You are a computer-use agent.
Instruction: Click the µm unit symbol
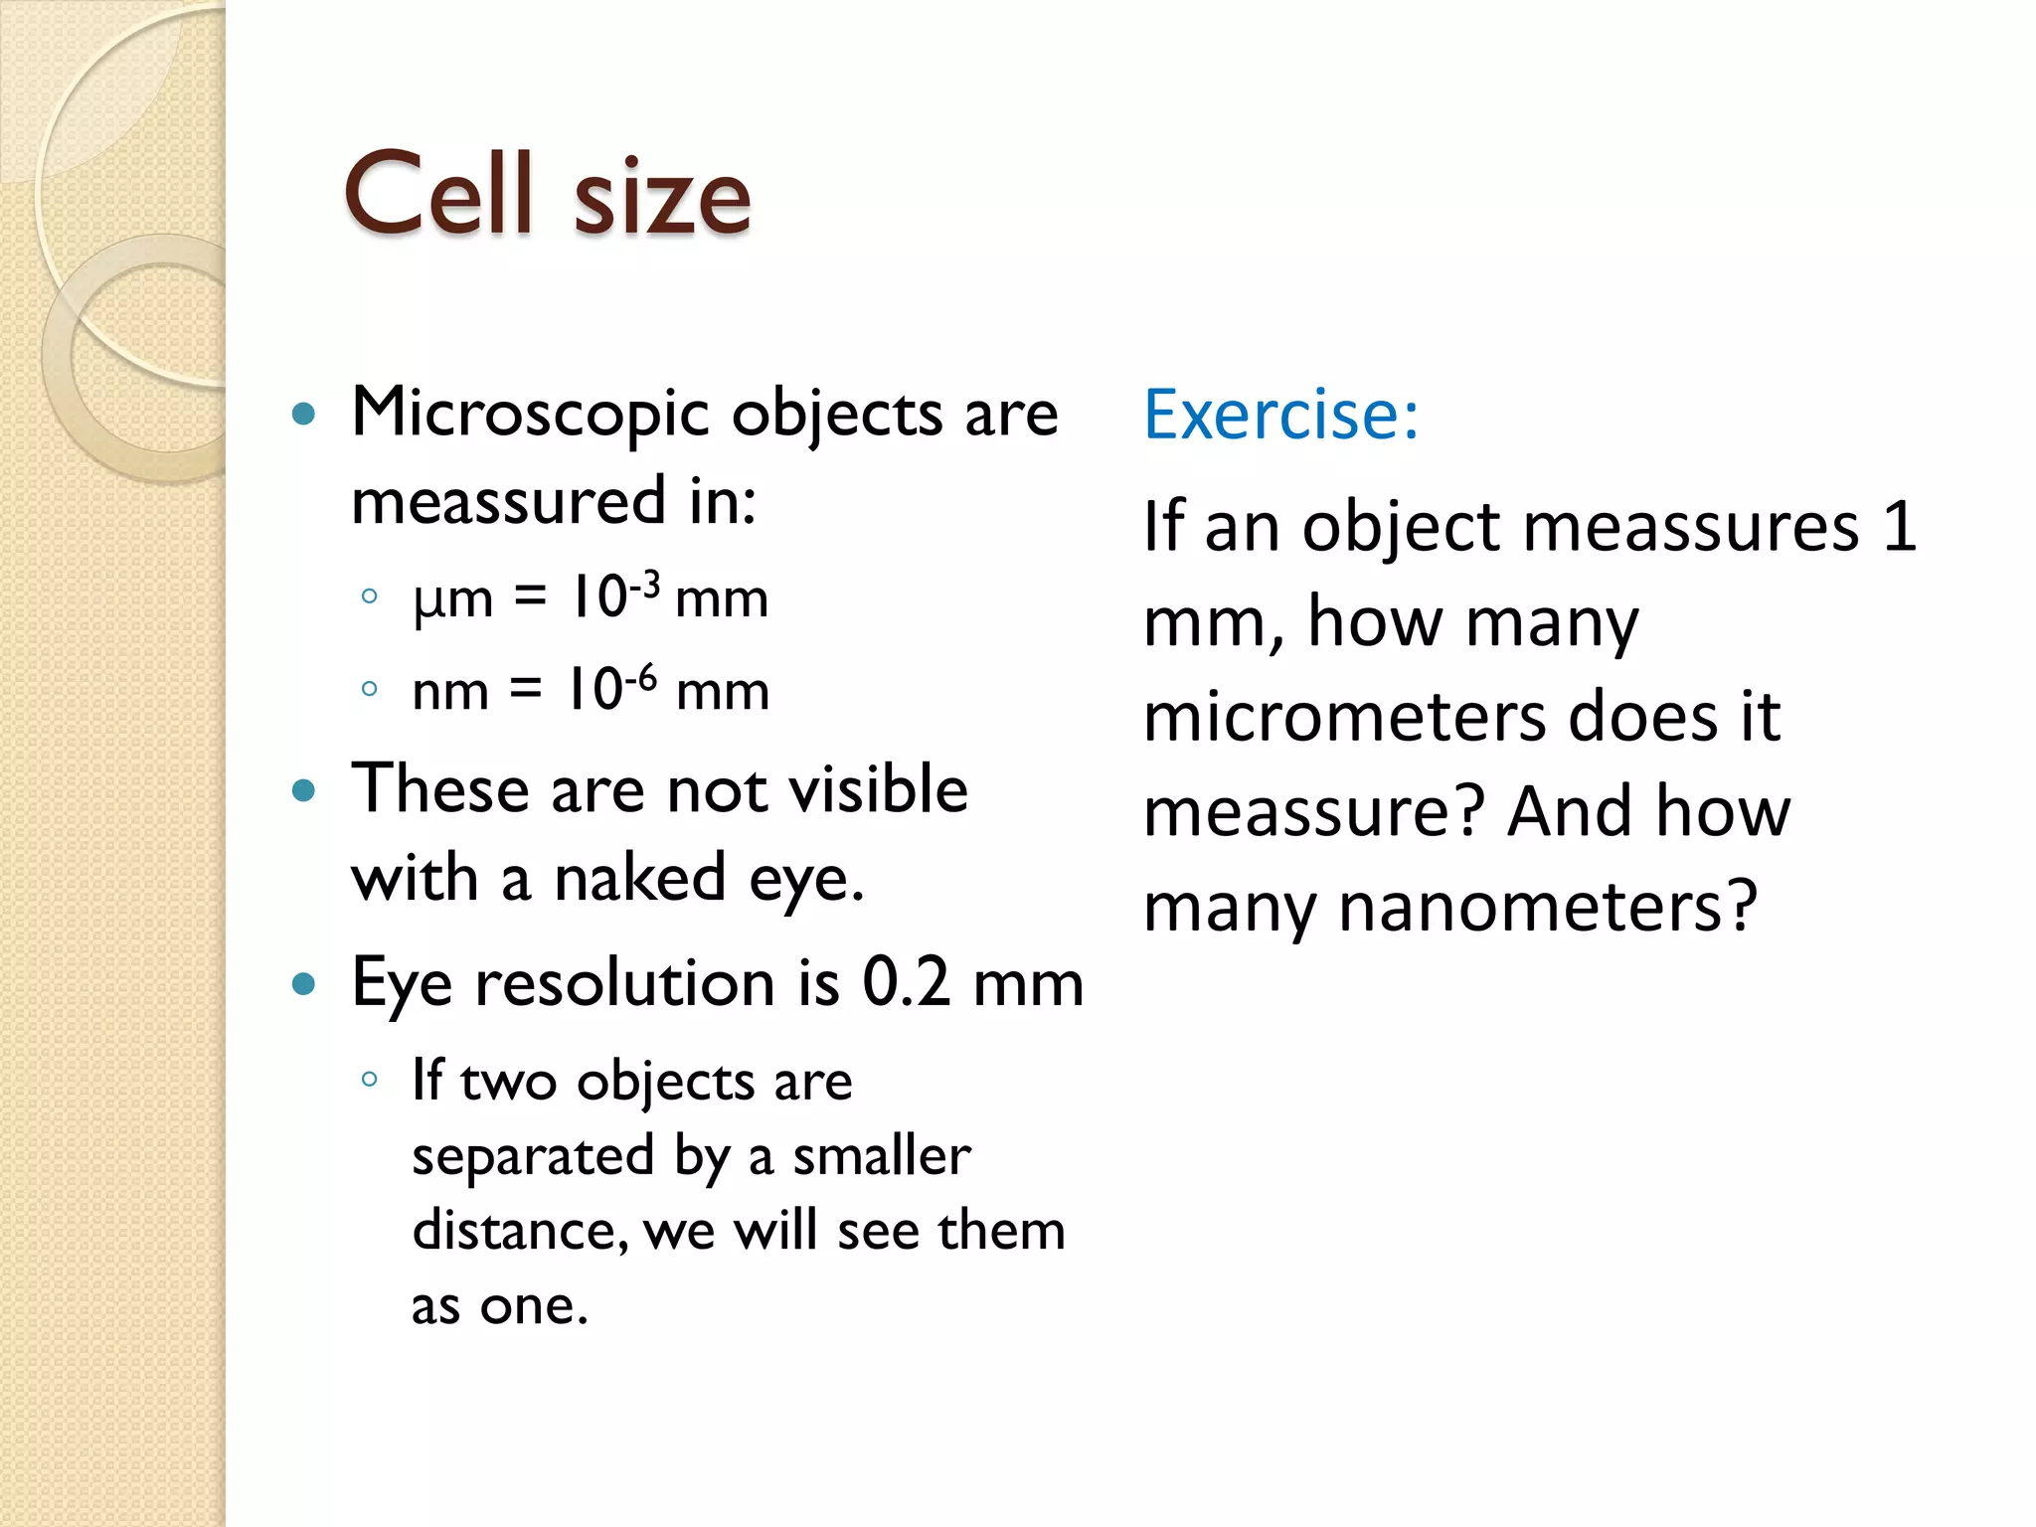point(452,599)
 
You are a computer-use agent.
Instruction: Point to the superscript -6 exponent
point(641,678)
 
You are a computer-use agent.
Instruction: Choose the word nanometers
point(1547,907)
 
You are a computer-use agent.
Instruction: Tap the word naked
point(639,879)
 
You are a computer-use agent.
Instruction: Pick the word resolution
point(624,982)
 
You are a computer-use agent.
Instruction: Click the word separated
point(533,1157)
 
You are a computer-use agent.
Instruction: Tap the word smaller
point(881,1155)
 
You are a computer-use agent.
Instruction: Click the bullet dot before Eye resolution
point(304,984)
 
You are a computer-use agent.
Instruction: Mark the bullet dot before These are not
point(304,791)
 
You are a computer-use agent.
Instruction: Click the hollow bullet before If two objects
point(370,1080)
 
